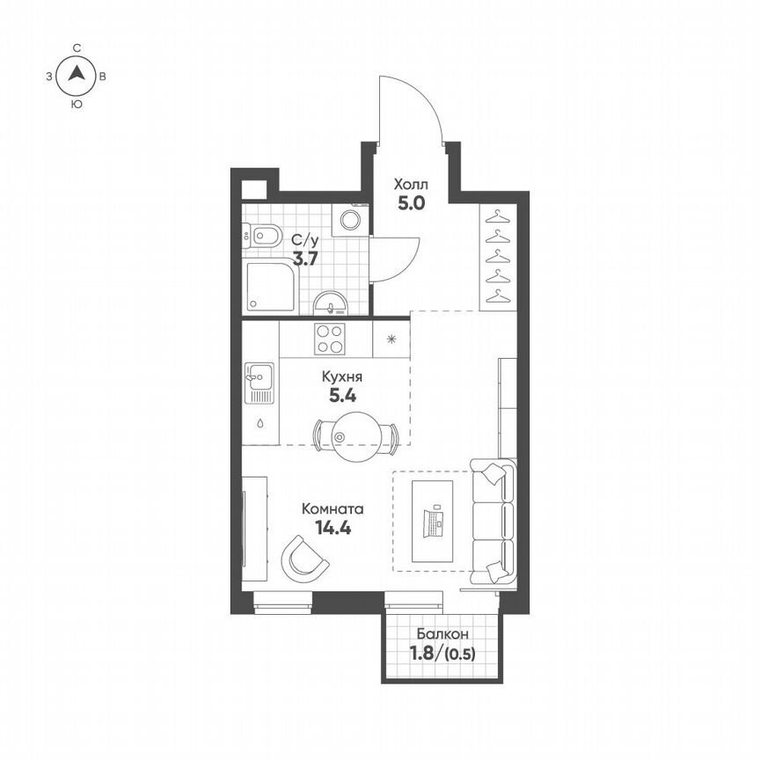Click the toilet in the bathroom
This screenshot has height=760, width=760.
pyautogui.click(x=263, y=236)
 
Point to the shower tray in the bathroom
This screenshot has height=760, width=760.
pyautogui.click(x=271, y=288)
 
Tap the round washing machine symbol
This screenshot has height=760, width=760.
pyautogui.click(x=353, y=219)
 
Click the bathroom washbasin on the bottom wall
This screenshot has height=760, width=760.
pyautogui.click(x=332, y=303)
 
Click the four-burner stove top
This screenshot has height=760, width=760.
pyautogui.click(x=331, y=339)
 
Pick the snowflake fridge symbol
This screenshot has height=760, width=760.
pyautogui.click(x=391, y=339)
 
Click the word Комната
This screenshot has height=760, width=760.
pyautogui.click(x=332, y=508)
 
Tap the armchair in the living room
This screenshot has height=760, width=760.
pyautogui.click(x=303, y=557)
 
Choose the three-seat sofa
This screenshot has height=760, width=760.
pyautogui.click(x=493, y=521)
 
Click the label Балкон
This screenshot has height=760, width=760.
pyautogui.click(x=442, y=633)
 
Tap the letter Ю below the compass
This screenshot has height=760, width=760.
pyautogui.click(x=77, y=104)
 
